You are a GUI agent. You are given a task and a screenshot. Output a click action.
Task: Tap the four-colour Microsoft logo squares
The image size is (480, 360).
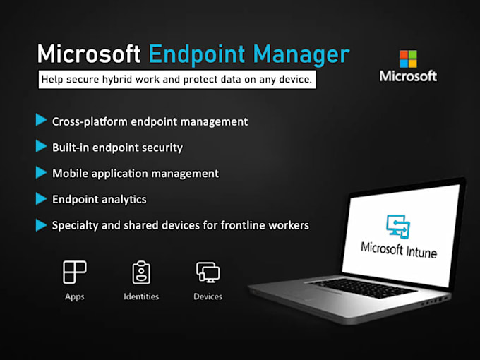408,59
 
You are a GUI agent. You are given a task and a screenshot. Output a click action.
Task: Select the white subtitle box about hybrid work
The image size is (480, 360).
176,80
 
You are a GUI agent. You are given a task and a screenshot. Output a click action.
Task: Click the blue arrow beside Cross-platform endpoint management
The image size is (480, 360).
41,121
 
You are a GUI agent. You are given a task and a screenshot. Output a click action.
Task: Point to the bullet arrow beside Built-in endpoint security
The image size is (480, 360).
41,147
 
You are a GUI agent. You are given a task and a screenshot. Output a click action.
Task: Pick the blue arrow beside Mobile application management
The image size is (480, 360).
41,173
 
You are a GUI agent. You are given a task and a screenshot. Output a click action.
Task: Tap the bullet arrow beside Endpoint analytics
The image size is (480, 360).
41,199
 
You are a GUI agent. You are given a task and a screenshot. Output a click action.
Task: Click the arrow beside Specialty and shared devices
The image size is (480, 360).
41,225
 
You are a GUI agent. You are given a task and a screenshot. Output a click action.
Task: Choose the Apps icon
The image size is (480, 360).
74,272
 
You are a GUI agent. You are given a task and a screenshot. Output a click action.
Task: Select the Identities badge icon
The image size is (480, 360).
141,272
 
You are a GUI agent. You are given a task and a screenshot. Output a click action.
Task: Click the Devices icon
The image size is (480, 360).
208,272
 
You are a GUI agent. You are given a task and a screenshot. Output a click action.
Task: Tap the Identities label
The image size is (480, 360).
141,296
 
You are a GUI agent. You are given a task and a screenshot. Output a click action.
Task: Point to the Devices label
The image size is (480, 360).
208,296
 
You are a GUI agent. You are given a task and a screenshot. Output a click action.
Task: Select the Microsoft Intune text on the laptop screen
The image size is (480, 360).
398,248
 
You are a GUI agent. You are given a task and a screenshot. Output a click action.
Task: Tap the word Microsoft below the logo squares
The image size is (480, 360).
408,76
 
